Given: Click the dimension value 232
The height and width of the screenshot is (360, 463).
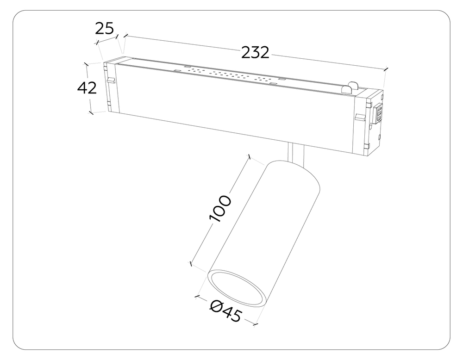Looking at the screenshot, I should (x=255, y=52).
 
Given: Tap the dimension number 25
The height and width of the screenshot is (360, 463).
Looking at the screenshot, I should (x=104, y=29).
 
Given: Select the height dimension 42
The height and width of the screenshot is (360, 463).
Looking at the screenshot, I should (x=87, y=87).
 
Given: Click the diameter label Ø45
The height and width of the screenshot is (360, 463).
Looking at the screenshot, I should (x=225, y=311).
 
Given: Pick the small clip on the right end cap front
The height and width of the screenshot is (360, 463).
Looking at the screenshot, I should (x=359, y=117).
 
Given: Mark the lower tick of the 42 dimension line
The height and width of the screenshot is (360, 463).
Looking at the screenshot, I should (x=91, y=112).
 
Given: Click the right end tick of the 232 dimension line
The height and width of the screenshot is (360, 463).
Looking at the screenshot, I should (x=386, y=70).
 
